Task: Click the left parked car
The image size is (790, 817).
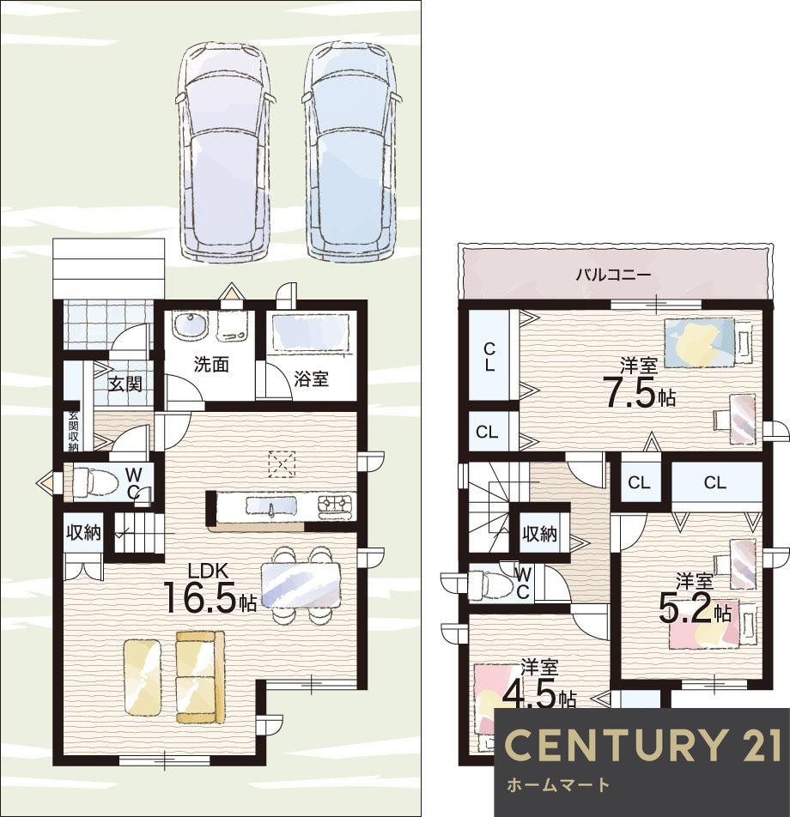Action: (x=225, y=151)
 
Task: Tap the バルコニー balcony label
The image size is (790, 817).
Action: (x=614, y=274)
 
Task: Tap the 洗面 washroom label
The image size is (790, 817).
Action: (x=211, y=364)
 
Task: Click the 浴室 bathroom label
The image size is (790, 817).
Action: (x=312, y=378)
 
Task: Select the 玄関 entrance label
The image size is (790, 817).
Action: (x=125, y=384)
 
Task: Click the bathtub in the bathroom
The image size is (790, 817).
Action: (x=310, y=332)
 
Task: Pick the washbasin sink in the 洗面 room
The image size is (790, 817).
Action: (x=189, y=327)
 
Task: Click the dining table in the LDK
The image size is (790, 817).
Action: (x=301, y=585)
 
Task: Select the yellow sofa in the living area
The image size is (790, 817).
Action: (x=201, y=677)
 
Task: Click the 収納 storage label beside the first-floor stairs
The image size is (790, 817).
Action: (x=83, y=532)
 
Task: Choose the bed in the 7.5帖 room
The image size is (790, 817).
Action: (x=709, y=343)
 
